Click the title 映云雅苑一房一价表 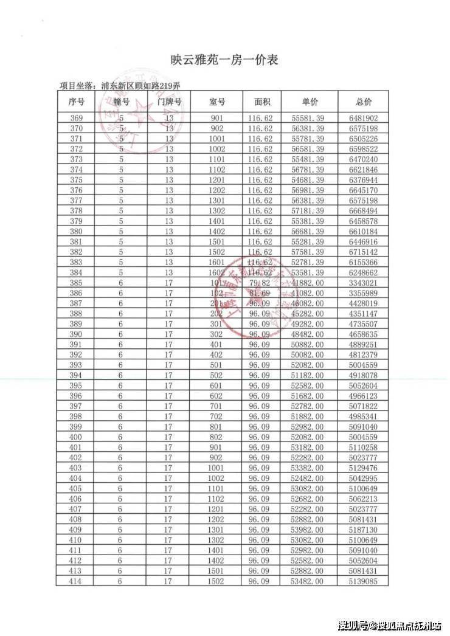pos(225,60)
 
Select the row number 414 pos(77,581)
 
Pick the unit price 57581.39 pos(310,252)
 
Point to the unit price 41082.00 pos(310,293)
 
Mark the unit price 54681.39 pos(310,180)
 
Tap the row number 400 pos(77,437)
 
